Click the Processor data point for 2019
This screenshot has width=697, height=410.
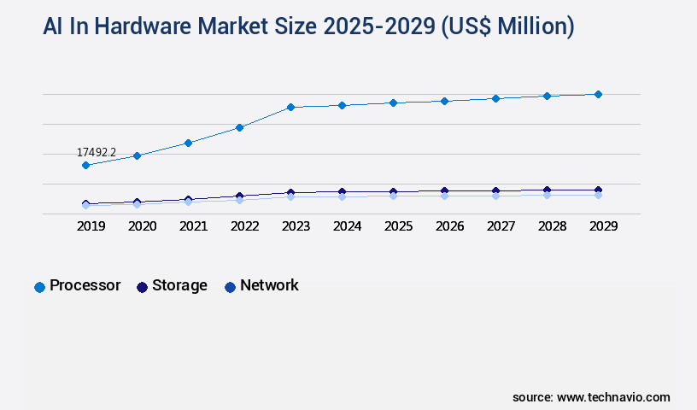(x=85, y=165)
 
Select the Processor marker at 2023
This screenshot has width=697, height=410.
(x=290, y=107)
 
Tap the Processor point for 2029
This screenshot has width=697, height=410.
(x=598, y=94)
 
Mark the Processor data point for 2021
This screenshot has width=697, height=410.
(x=188, y=143)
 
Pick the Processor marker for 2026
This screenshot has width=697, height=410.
(x=444, y=101)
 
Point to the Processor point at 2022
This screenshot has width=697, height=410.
(x=240, y=127)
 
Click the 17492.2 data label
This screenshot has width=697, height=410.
(x=97, y=152)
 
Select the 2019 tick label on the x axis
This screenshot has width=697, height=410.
(x=91, y=226)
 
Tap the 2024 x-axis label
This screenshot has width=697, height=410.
(x=347, y=226)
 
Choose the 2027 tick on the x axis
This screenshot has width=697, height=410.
(x=501, y=226)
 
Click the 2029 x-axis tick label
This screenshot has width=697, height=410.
(x=603, y=226)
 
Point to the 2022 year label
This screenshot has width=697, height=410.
(x=244, y=226)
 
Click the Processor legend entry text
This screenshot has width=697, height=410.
(x=85, y=285)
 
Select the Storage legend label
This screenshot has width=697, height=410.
(x=179, y=285)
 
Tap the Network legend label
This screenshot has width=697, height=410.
(x=269, y=285)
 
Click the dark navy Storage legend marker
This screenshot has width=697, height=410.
(x=143, y=287)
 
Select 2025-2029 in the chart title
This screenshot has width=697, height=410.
(x=369, y=26)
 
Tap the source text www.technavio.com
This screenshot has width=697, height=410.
(x=613, y=397)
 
